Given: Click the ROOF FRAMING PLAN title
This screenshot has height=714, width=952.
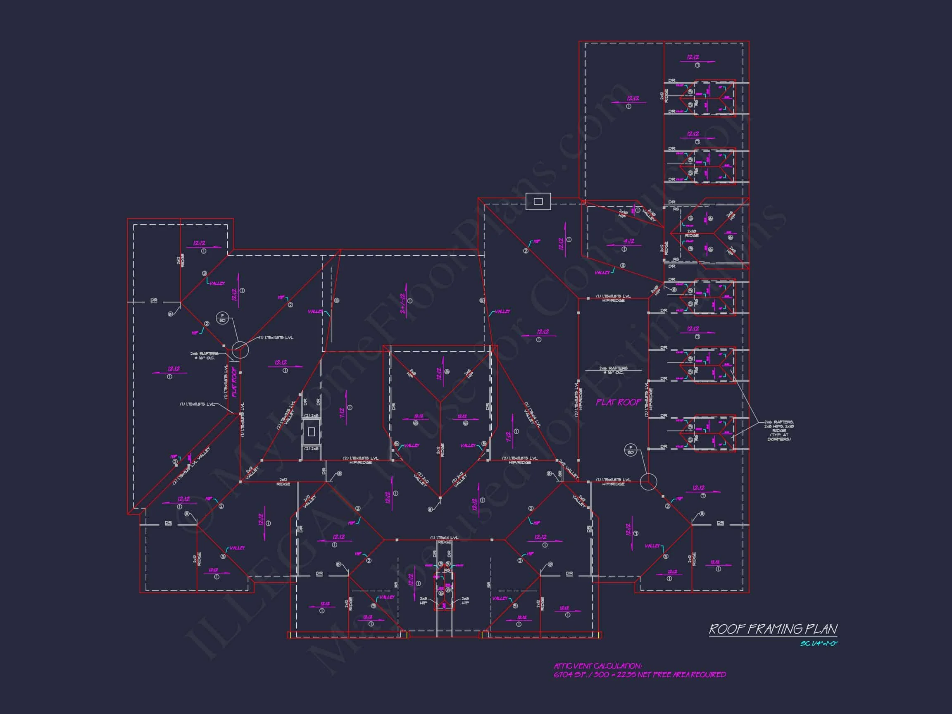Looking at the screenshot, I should (x=773, y=629).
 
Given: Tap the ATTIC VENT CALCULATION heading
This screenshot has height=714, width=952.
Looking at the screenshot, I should (x=597, y=666).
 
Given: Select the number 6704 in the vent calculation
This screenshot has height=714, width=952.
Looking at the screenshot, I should (x=563, y=675).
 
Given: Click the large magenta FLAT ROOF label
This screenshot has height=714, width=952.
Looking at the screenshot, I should (x=619, y=402).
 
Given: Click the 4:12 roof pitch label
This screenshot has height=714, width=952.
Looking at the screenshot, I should (x=629, y=241).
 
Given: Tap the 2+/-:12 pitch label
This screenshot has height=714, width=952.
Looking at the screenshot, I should (x=403, y=304).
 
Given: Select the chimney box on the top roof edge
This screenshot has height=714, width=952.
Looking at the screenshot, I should (x=538, y=201).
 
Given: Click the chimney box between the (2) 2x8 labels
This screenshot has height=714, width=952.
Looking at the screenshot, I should (x=311, y=432).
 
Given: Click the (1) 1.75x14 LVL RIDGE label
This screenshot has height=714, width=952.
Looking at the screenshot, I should (x=445, y=540).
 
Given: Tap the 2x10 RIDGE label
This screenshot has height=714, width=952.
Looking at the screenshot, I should (x=692, y=234).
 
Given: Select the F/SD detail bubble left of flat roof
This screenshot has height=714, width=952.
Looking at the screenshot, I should (x=222, y=318).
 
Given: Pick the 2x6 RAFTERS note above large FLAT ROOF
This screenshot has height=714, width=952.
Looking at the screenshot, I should (x=613, y=370).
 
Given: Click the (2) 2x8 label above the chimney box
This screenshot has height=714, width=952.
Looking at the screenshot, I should (x=311, y=416).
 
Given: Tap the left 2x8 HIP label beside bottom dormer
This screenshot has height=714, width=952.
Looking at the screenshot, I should (x=424, y=601).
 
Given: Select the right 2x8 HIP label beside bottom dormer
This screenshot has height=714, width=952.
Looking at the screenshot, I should (x=465, y=601).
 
